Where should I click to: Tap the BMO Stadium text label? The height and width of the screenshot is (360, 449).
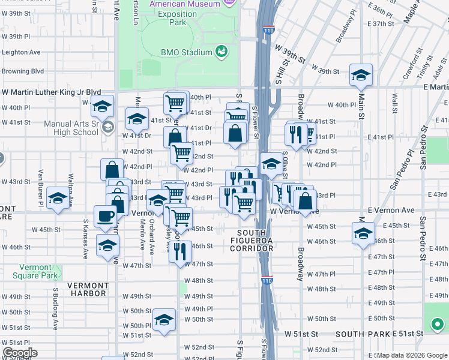point(187,52)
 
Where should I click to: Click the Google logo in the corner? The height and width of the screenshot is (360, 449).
point(19,353)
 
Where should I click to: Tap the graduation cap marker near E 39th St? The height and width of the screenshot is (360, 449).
point(361,74)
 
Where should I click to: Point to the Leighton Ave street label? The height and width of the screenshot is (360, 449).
point(21,52)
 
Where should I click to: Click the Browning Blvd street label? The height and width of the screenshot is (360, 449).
point(23,71)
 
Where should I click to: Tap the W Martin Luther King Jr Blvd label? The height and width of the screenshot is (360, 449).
point(51,92)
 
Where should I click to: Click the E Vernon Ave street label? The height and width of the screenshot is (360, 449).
point(391,211)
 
